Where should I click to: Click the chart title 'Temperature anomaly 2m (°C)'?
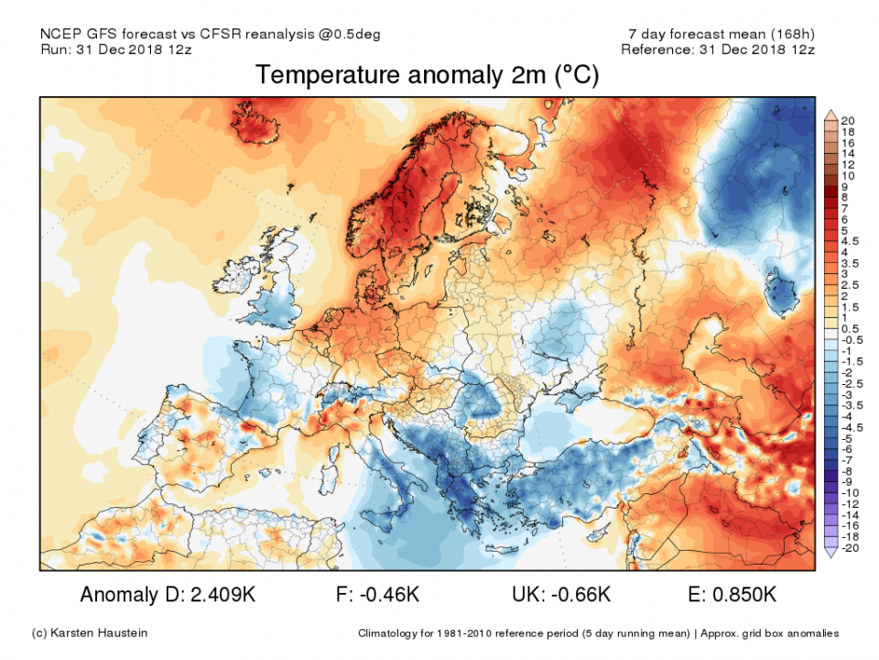(427, 75)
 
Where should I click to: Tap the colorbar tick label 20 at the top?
(848, 120)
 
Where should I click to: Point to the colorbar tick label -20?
(848, 547)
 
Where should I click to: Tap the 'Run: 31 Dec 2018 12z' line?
(117, 49)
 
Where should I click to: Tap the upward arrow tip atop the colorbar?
(831, 111)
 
